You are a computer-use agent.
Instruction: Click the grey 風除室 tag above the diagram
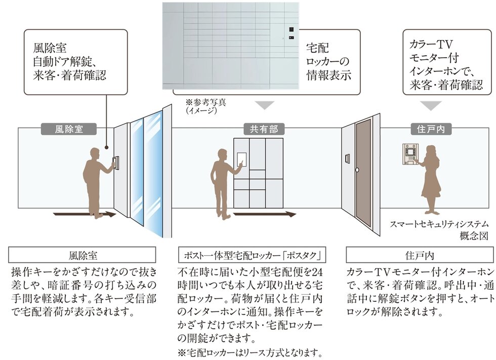(68, 129)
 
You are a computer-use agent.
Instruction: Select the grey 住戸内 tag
(431, 129)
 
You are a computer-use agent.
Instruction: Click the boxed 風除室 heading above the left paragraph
(81, 255)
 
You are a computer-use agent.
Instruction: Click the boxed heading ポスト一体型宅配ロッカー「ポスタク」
(252, 255)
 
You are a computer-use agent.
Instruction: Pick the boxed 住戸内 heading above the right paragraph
(420, 255)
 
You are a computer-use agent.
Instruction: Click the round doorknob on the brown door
(357, 169)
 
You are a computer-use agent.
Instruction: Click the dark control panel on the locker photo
(292, 33)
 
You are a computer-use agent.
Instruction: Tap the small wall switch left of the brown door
(347, 159)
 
